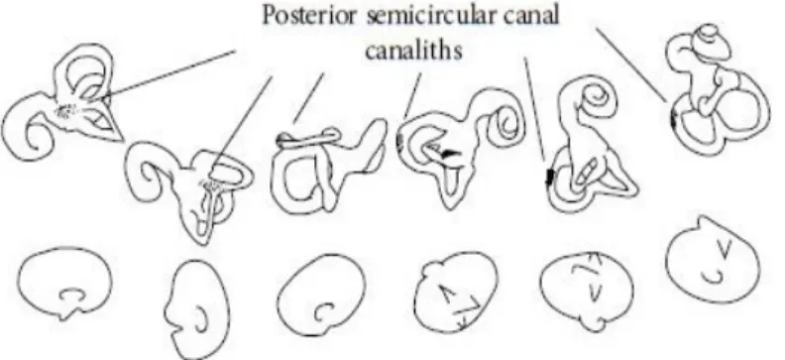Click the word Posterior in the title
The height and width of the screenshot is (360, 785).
(x=310, y=17)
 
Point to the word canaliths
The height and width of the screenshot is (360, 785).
(x=413, y=50)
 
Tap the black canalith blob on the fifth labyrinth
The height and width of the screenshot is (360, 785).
(x=550, y=178)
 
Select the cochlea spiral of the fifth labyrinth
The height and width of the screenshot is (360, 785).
(x=596, y=95)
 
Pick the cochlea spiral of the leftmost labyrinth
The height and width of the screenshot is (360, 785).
(x=30, y=138)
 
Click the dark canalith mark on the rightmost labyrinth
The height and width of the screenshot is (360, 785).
(x=674, y=119)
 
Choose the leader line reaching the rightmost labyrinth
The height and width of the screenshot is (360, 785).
(x=630, y=64)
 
